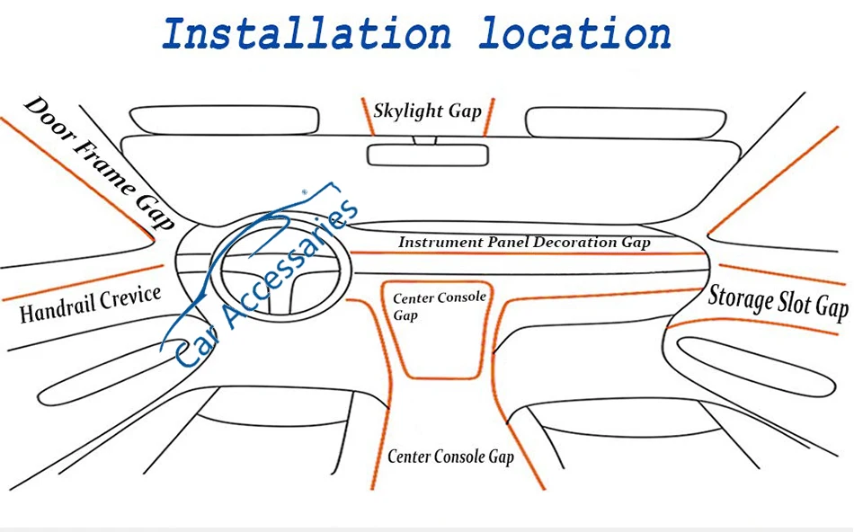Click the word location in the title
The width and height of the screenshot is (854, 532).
574,33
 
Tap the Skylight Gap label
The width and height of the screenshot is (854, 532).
428,111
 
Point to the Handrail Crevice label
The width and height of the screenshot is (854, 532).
90,304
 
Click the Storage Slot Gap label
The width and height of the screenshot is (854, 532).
778,301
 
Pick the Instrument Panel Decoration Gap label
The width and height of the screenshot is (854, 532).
524,243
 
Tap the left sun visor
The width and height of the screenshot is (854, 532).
225,119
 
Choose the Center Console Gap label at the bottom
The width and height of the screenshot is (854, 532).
450,457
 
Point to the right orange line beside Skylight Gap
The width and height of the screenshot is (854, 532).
488,117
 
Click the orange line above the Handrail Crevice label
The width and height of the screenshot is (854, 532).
81,283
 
